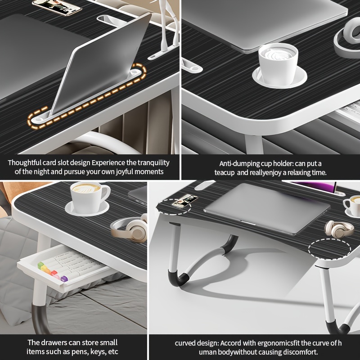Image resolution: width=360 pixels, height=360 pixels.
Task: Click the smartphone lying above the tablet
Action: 57,7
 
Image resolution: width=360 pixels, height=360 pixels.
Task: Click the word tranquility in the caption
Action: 153,163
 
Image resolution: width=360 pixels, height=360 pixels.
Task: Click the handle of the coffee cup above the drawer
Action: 106,193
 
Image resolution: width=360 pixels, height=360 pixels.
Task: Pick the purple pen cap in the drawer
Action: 64,279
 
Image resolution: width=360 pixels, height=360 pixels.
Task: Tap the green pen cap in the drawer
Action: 41,265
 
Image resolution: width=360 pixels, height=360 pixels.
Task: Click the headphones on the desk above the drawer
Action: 130,228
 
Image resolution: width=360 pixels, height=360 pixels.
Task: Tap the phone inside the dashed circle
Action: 185,201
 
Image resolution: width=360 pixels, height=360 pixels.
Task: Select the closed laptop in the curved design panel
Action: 267,208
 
